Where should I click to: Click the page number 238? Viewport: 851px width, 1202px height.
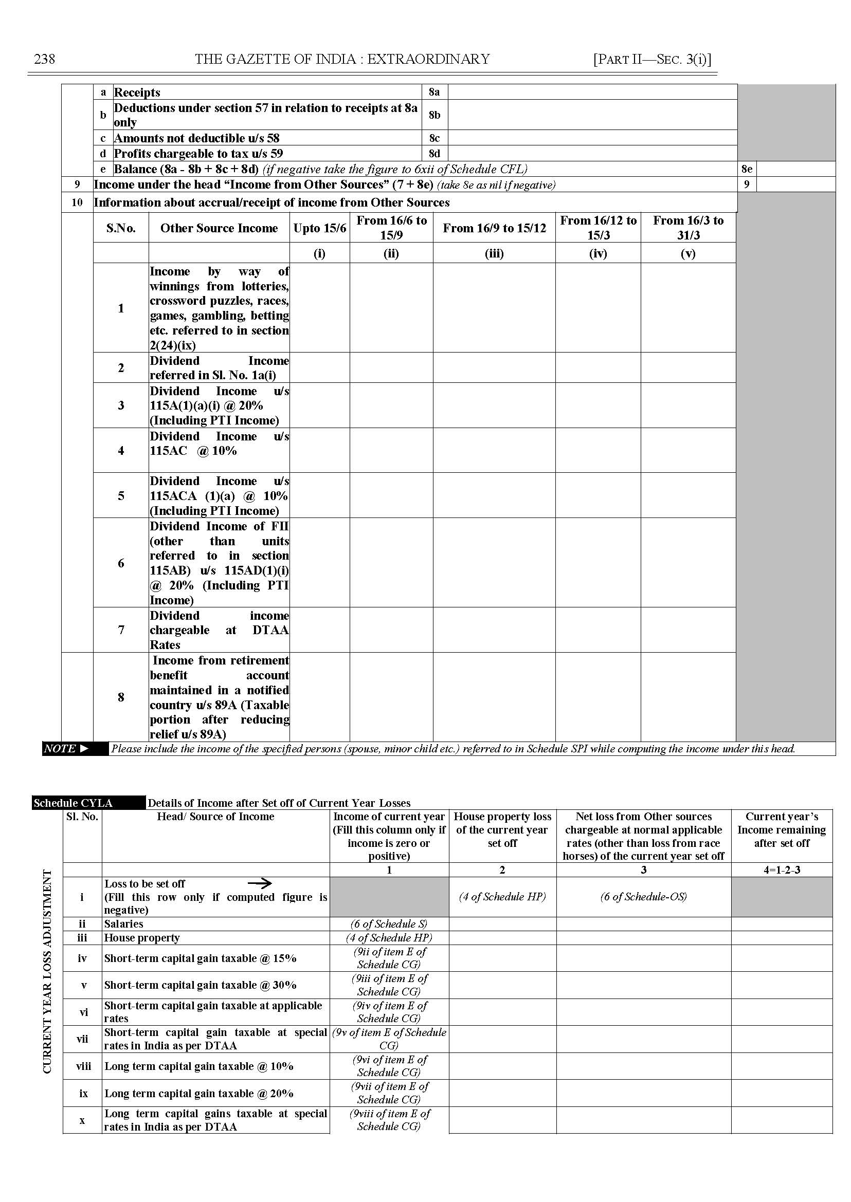(44, 59)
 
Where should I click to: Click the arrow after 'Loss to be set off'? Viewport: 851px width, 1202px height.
(260, 883)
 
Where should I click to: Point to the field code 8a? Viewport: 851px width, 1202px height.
(434, 92)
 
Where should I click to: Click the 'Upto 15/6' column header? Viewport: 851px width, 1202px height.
(320, 228)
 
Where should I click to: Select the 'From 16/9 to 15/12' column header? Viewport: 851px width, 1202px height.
(494, 228)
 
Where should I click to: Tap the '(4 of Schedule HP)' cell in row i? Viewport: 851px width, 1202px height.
(502, 897)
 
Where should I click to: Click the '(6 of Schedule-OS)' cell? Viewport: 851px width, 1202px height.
(643, 897)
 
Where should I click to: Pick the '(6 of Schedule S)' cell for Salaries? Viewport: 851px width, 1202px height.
(389, 924)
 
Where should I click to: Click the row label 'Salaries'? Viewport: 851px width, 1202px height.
(124, 924)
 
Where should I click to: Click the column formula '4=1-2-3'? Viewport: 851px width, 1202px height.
(781, 870)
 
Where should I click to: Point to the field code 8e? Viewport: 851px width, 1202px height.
(747, 169)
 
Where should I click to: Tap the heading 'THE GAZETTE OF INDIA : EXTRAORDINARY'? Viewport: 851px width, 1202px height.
(342, 59)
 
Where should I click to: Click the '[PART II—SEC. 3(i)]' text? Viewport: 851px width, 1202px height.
(652, 59)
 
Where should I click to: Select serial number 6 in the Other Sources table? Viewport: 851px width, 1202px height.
(121, 563)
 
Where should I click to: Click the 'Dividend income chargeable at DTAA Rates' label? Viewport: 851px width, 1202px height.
(219, 630)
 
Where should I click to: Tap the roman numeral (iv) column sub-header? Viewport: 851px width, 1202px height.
(598, 253)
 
